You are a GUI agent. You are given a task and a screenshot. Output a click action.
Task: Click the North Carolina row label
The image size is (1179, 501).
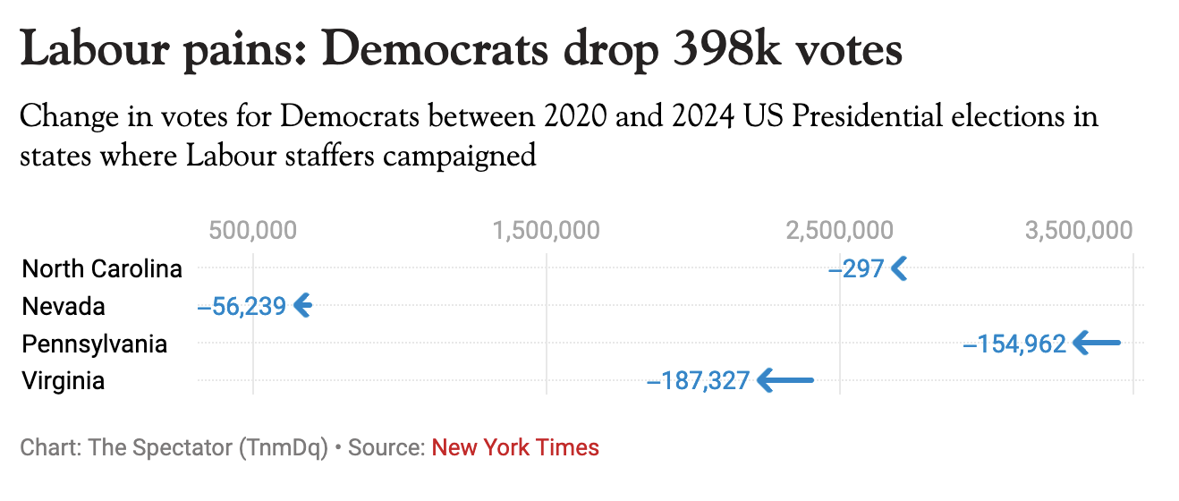pos(102,268)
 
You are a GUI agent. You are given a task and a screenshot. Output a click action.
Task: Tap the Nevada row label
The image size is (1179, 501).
pos(64,306)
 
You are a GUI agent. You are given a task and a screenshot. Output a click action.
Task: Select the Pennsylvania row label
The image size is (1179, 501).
pos(94,344)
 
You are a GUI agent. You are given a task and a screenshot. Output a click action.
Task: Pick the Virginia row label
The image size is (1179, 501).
pos(64,381)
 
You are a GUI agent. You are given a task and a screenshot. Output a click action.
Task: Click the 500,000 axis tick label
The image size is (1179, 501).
pos(252,231)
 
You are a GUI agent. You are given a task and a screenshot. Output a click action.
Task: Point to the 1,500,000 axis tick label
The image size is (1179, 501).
pos(546,231)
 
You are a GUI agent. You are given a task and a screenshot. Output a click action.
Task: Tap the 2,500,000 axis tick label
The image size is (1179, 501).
pos(839,231)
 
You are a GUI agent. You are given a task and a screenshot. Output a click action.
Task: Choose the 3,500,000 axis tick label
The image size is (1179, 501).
pos(1079,231)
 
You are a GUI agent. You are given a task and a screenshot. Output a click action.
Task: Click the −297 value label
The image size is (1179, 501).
pos(856,268)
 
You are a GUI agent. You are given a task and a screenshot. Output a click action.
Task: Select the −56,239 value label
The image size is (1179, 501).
pos(242,306)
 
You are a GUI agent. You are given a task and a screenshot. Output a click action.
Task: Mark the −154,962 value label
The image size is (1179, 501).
pos(1014,344)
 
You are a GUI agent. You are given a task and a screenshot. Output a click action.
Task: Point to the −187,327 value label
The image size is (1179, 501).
pos(698,381)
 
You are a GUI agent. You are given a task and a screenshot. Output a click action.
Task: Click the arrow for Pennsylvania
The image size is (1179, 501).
pos(1097,343)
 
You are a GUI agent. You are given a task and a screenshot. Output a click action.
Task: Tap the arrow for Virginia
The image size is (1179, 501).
pos(785,380)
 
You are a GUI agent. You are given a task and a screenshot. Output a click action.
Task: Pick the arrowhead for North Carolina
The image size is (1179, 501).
pos(899,267)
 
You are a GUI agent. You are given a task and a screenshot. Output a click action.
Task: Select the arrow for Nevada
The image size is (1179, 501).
pos(303,305)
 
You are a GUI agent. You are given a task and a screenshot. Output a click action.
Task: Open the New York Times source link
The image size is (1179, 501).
pos(515,447)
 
